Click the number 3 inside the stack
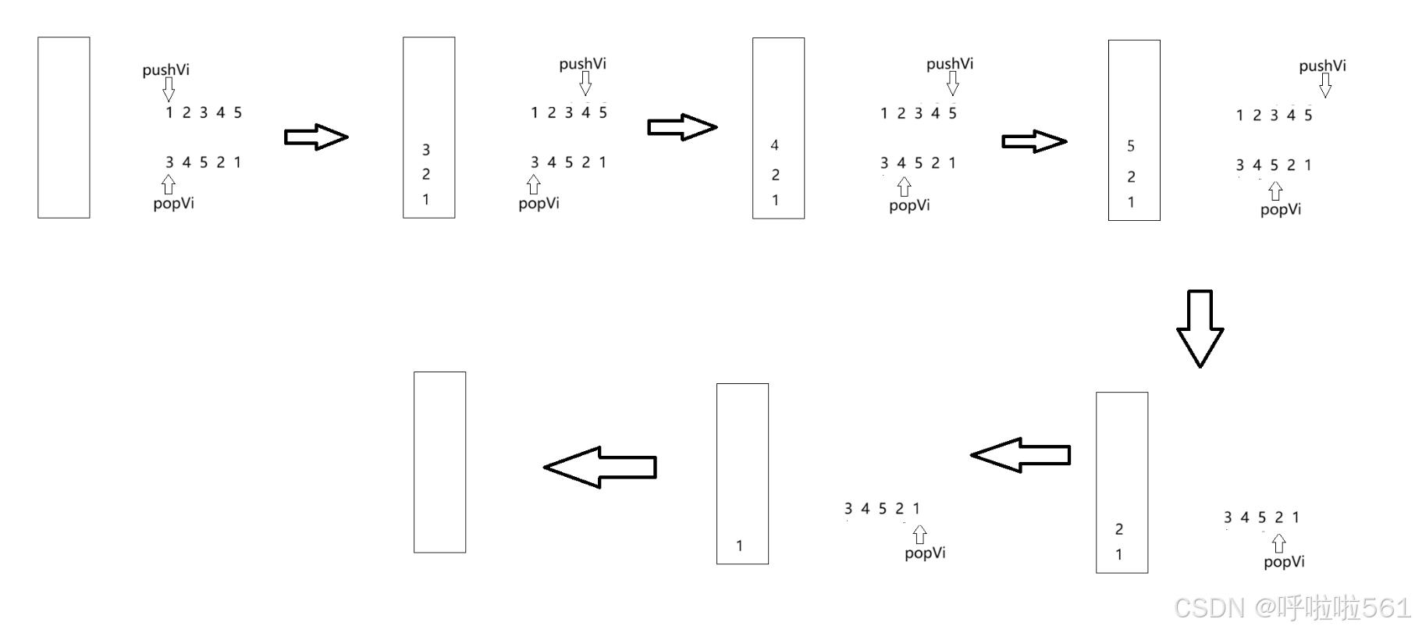(426, 149)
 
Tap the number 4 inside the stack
(774, 145)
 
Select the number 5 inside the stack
(1131, 146)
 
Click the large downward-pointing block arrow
(1200, 329)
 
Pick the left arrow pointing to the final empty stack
(600, 467)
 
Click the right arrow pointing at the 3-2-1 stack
(315, 137)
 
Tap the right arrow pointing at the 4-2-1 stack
(681, 127)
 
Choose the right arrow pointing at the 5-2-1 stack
(1034, 141)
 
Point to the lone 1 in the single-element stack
(740, 546)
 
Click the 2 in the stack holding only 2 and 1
(1119, 529)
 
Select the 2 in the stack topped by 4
(775, 175)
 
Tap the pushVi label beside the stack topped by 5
(1322, 66)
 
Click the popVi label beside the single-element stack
(925, 553)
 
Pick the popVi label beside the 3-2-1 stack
(539, 203)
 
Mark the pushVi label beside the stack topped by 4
(950, 64)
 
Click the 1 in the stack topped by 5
(1131, 202)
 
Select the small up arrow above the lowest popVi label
(1278, 543)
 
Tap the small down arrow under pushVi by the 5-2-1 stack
(1324, 85)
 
